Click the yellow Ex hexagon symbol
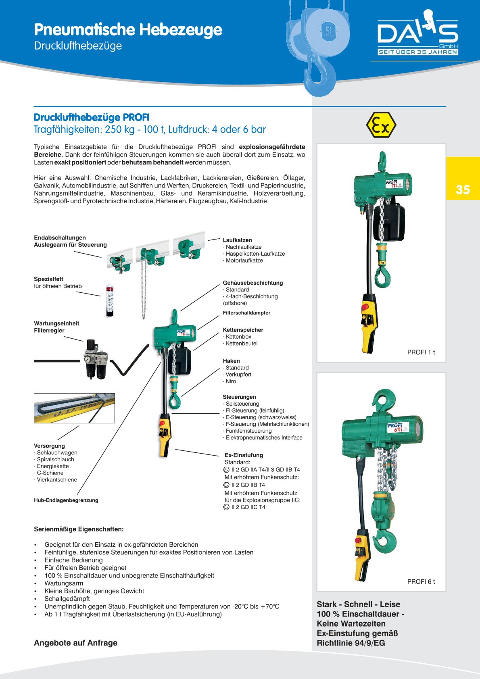click(381, 125)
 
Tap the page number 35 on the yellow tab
click(463, 190)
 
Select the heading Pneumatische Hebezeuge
click(128, 29)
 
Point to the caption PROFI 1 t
click(421, 352)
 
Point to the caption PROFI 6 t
click(421, 581)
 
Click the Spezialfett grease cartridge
click(109, 300)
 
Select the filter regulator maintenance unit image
click(96, 359)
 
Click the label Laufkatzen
click(237, 240)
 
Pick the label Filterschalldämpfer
click(246, 313)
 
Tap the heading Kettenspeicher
click(243, 330)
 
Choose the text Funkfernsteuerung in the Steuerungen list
click(248, 431)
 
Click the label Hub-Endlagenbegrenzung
click(66, 500)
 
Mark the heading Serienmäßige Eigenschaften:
click(79, 529)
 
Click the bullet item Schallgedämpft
click(67, 599)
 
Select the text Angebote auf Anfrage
click(75, 643)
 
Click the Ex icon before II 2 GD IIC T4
click(226, 507)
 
